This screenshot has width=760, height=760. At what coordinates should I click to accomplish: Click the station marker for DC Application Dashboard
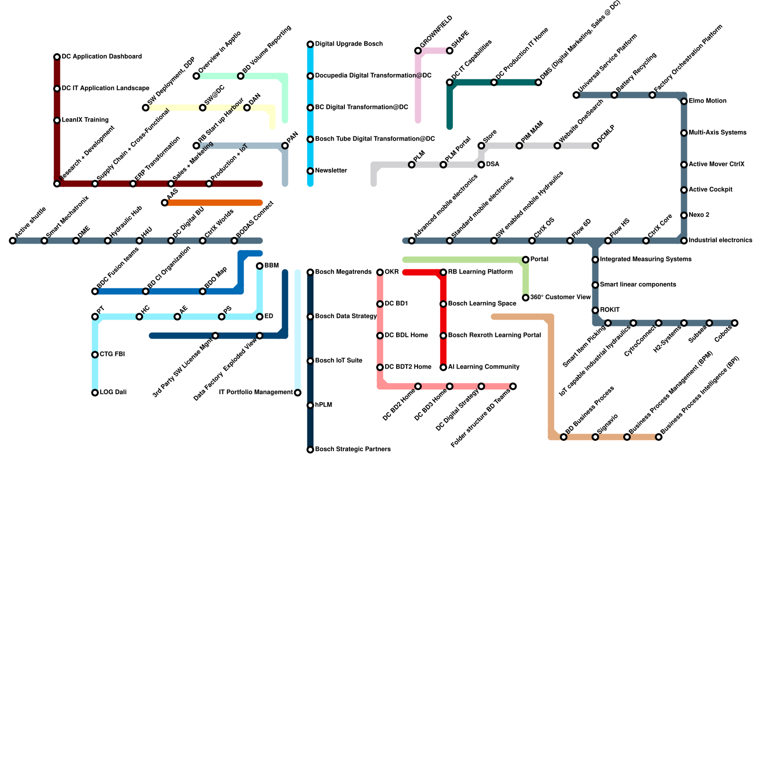[x=57, y=57]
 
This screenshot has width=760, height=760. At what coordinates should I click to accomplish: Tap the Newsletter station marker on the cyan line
[x=310, y=171]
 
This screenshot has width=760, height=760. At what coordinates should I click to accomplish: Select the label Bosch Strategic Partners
[x=353, y=449]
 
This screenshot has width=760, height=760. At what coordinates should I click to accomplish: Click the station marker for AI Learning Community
[x=443, y=367]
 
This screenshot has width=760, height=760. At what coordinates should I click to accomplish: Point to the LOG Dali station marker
[x=95, y=393]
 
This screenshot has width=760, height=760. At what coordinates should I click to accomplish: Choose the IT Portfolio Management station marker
[x=297, y=393]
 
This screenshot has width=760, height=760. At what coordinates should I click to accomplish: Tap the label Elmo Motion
[x=707, y=101]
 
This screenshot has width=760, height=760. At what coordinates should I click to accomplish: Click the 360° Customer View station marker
[x=525, y=298]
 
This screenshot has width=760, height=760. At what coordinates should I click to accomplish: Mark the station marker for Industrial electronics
[x=684, y=241]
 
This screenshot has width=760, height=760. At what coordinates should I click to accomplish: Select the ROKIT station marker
[x=595, y=310]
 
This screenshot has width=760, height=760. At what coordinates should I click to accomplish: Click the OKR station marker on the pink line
[x=380, y=272]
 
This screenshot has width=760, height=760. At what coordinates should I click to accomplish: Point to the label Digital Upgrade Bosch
[x=349, y=44]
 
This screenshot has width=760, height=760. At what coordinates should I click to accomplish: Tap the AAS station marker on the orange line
[x=164, y=203]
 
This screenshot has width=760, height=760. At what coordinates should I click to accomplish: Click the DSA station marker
[x=481, y=165]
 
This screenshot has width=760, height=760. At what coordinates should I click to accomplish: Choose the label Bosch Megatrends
[x=343, y=272]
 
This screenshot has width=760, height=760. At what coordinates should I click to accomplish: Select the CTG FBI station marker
[x=95, y=355]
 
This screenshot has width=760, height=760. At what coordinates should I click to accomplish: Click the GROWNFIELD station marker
[x=418, y=51]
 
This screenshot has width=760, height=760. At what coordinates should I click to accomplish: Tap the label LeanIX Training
[x=85, y=120]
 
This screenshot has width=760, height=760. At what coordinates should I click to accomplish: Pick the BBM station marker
[x=259, y=266]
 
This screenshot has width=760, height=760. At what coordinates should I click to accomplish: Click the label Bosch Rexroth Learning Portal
[x=494, y=335]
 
